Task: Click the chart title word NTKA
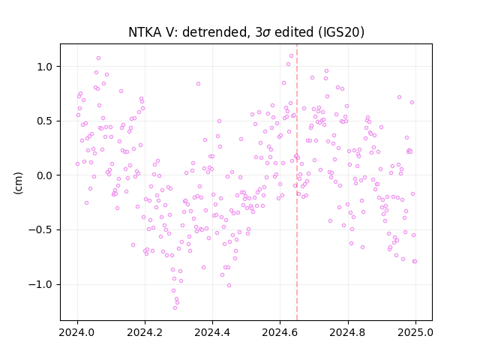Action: click(x=145, y=32)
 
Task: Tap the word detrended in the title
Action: click(x=214, y=32)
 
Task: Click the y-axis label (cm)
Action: click(x=18, y=183)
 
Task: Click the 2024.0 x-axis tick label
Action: click(x=77, y=332)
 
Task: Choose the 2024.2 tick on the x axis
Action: click(x=145, y=332)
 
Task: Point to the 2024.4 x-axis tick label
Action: click(x=212, y=332)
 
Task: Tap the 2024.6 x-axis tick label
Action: click(x=280, y=332)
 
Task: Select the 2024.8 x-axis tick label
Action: click(x=348, y=332)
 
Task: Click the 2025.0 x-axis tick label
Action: click(x=415, y=332)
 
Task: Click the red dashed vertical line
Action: click(x=297, y=182)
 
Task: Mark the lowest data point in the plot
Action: click(x=175, y=307)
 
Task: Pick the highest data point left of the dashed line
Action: click(x=292, y=56)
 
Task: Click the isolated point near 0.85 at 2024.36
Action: click(x=198, y=83)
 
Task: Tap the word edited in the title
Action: click(x=294, y=32)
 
